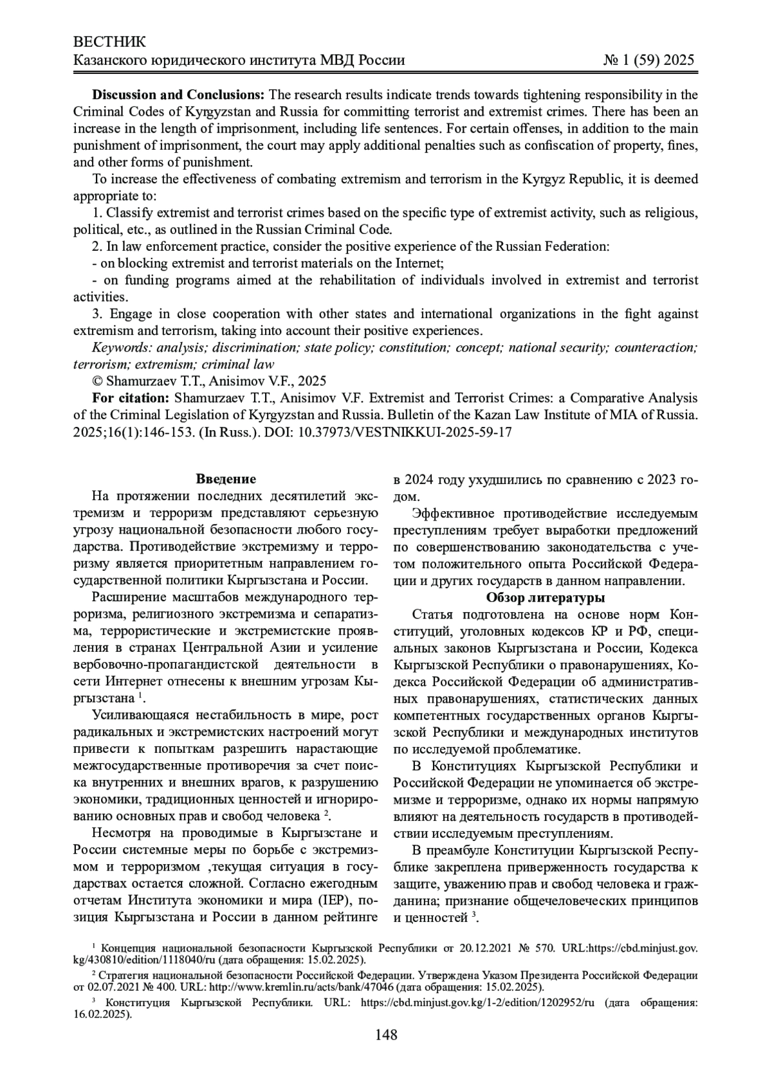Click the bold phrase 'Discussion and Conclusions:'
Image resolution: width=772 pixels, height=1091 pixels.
tap(179, 95)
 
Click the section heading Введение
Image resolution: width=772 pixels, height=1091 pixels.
tap(226, 480)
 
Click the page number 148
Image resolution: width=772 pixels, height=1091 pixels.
tap(386, 1035)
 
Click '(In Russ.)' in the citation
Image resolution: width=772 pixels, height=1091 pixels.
tap(222, 432)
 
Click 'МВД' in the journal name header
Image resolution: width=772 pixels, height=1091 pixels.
tap(333, 60)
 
